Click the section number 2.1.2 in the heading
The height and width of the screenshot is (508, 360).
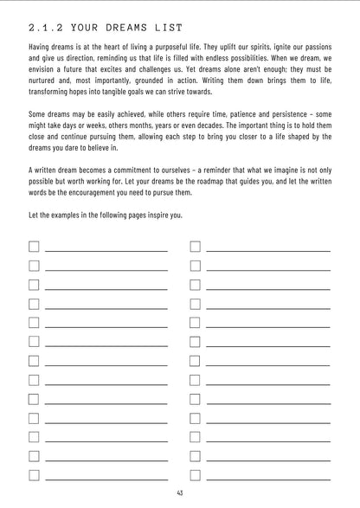tap(48, 29)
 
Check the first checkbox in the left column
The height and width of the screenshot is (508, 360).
tap(34, 246)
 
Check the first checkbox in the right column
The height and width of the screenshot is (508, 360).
tap(195, 246)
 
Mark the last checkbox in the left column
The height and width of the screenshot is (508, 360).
tap(34, 474)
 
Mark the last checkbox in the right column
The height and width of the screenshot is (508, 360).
tap(195, 474)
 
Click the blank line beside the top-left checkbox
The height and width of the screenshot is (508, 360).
tap(106, 250)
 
